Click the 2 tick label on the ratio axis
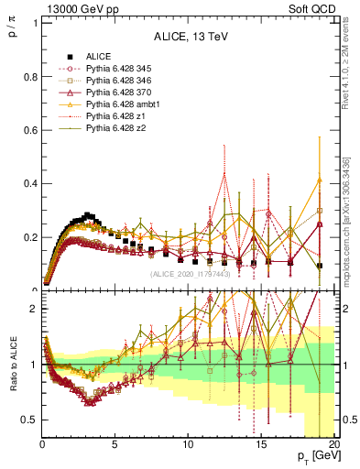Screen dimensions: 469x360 (34, 309)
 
